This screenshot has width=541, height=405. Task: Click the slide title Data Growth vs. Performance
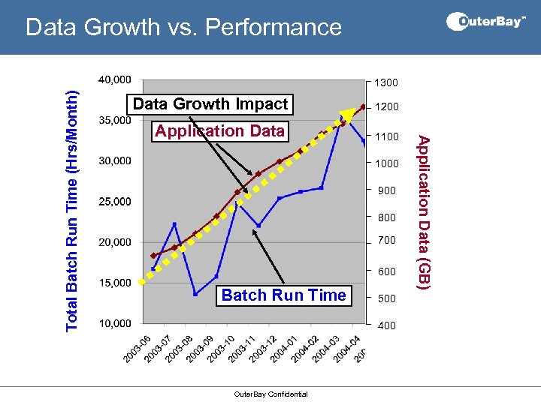click(183, 28)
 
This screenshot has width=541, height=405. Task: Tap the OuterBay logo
click(486, 22)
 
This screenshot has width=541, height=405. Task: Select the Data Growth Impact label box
click(210, 104)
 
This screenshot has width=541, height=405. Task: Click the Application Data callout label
click(219, 131)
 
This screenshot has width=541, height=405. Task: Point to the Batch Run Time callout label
click(283, 295)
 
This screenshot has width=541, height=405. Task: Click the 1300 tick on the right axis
click(387, 82)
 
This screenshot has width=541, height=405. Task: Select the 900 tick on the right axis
click(386, 191)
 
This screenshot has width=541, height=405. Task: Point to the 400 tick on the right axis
click(386, 325)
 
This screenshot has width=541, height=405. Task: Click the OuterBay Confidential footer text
click(270, 394)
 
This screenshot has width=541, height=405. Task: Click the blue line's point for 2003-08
click(195, 293)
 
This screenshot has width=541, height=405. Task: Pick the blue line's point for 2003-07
click(174, 223)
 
